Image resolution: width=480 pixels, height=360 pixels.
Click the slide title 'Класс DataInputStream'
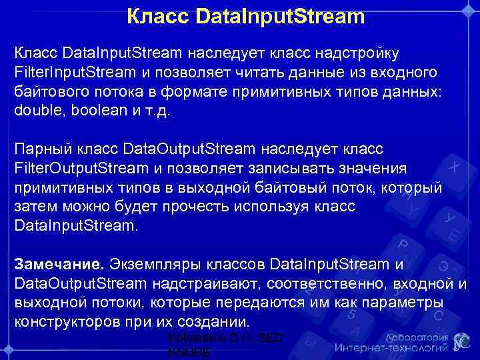pos(246,15)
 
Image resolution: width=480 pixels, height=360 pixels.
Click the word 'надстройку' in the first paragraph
pos(359,52)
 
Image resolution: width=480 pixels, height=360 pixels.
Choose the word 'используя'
pos(261,207)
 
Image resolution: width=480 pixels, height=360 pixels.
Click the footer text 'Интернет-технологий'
pos(391,348)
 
